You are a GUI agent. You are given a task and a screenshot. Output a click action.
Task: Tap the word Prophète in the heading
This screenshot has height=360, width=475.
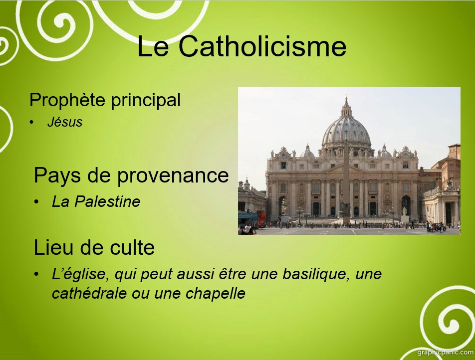point(67,100)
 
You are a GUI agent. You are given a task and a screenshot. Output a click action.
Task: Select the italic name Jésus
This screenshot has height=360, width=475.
point(65,122)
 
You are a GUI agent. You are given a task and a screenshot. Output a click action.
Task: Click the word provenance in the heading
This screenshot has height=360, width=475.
point(173,176)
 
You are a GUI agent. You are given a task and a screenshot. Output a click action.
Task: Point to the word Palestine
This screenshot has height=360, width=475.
point(107,201)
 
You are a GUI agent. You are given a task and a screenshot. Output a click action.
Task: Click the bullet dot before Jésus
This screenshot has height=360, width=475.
point(31,122)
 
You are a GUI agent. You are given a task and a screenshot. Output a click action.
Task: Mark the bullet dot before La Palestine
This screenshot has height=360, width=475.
point(36,202)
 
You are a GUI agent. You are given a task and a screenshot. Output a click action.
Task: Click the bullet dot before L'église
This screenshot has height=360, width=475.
point(36,274)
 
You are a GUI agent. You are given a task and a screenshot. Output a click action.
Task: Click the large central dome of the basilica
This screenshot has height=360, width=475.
point(346,131)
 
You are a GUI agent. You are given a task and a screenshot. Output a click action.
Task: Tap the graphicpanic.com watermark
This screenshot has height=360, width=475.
point(445,352)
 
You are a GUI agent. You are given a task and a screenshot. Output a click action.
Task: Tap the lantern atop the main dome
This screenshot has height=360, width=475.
point(346,108)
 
